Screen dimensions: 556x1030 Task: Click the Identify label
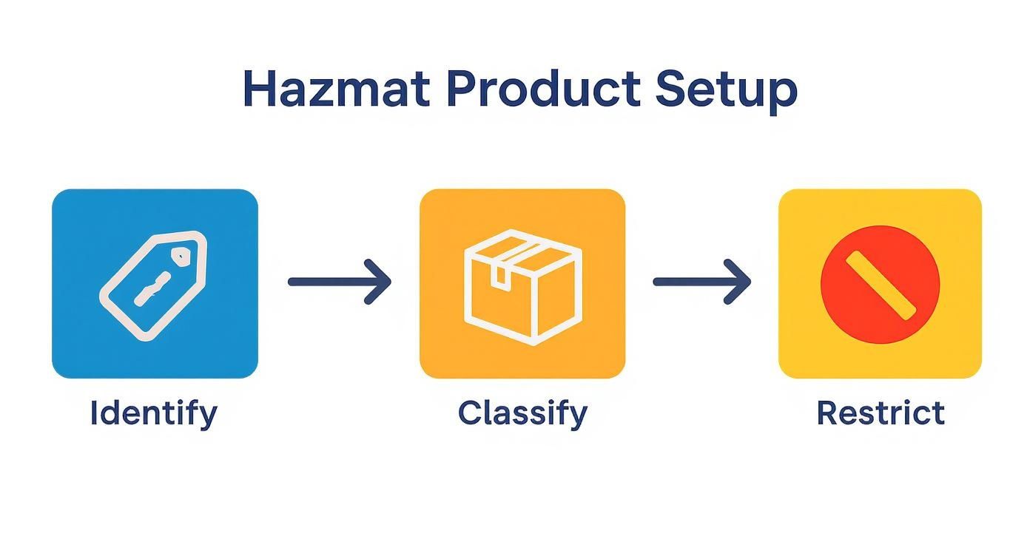tap(154, 413)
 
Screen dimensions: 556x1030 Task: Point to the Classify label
tap(522, 413)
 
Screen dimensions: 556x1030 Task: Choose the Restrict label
tap(881, 413)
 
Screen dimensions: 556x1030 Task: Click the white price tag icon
tap(153, 285)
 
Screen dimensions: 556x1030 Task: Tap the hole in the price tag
tap(180, 256)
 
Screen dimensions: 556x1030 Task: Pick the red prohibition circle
tap(881, 285)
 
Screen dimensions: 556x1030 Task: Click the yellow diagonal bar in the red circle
tap(881, 285)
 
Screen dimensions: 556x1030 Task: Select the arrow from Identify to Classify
tap(339, 282)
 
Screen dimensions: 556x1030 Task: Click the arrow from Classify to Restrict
tap(701, 282)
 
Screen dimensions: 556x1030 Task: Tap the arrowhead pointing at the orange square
tap(380, 282)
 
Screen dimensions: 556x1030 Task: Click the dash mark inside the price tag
tap(153, 288)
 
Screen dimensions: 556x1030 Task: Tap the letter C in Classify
tap(469, 413)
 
